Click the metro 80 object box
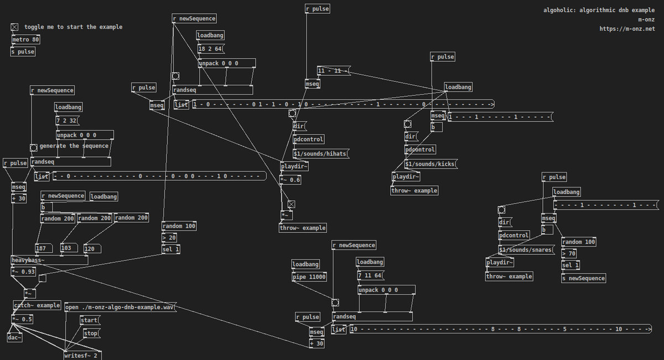click(x=26, y=40)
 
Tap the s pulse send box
click(x=23, y=51)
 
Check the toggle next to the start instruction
click(x=14, y=27)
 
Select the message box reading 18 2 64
click(x=210, y=49)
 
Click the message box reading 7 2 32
click(x=67, y=120)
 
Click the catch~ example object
click(x=37, y=305)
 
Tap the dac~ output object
click(x=15, y=337)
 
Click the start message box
click(x=90, y=320)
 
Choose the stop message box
click(x=91, y=333)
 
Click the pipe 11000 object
click(x=309, y=277)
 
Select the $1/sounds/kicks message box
click(x=431, y=164)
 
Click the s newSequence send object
click(x=583, y=278)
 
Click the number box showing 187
click(x=43, y=248)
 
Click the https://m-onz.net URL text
click(x=627, y=29)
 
